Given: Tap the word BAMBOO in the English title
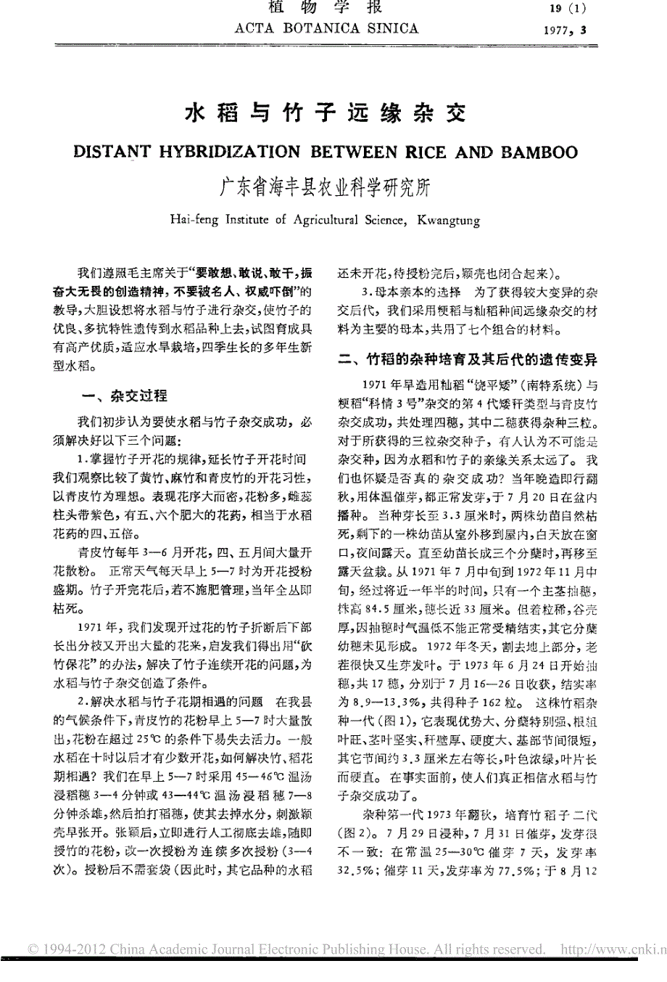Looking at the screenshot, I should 536,152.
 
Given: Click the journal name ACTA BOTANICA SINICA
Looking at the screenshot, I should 327,29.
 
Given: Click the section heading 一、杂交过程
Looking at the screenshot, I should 126,396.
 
